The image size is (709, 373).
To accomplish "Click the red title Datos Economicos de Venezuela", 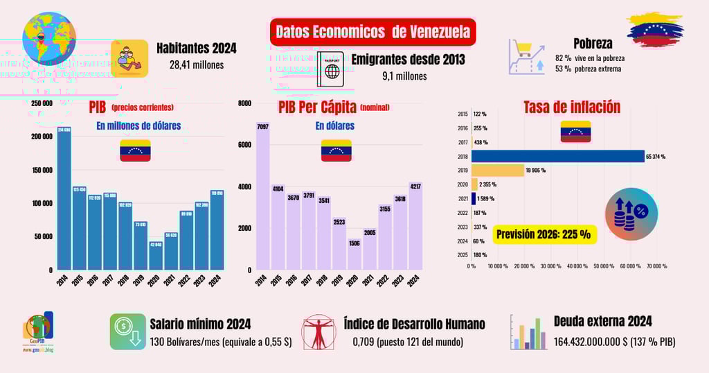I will tap(373, 32).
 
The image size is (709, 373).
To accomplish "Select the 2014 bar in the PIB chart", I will tap(64, 198).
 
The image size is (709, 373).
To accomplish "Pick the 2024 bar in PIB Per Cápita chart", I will tap(415, 225).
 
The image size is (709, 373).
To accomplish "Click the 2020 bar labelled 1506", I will tap(354, 250).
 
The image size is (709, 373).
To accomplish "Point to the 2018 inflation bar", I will tap(558, 156).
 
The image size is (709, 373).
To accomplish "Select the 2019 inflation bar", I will tap(498, 171).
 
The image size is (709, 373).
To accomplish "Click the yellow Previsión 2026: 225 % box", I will tap(546, 234).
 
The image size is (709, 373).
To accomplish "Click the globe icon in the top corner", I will tap(48, 37).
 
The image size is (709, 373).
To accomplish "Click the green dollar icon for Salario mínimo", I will tap(127, 331).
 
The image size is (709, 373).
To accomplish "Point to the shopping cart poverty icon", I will tap(526, 56).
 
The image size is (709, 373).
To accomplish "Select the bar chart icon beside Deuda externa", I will tap(529, 332).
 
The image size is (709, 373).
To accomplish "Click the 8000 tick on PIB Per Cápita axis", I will tap(244, 103).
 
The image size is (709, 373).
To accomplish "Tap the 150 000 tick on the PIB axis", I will tap(41, 170).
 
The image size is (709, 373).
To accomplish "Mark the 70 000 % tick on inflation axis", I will tap(656, 266).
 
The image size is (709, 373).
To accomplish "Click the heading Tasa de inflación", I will tap(571, 107).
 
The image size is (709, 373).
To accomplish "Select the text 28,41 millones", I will tap(197, 65).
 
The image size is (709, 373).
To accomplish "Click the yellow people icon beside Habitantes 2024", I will tap(129, 57).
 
